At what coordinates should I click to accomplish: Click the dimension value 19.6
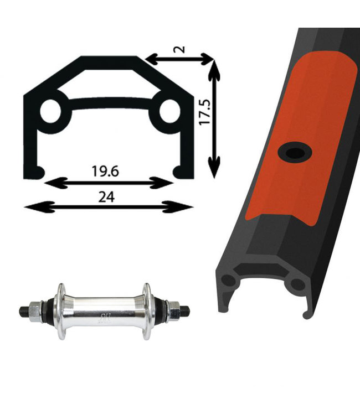(105, 171)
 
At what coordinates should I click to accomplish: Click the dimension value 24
(106, 197)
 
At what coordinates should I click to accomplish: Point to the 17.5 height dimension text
(205, 112)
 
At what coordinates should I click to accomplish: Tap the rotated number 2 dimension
(180, 49)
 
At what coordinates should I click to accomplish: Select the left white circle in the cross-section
(50, 111)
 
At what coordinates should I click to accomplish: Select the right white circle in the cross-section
(170, 111)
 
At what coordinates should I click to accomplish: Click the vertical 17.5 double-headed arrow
(214, 119)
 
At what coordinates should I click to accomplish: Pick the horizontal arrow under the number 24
(109, 207)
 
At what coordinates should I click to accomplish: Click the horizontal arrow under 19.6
(109, 183)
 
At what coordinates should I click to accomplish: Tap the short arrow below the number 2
(179, 59)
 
